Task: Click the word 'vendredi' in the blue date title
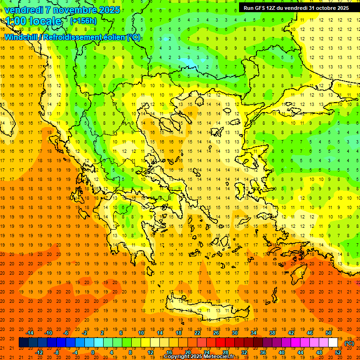24,9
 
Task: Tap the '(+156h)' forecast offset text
83,21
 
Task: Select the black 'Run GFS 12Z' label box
296,7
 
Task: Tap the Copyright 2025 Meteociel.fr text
199,357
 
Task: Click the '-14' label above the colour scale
30,333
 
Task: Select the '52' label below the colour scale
338,352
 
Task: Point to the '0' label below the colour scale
93,352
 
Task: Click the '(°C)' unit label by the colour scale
349,343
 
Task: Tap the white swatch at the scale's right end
333,343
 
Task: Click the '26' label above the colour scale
216,333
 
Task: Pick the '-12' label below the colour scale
39,352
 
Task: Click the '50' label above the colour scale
329,333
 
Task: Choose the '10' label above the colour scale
141,333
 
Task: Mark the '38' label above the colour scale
272,333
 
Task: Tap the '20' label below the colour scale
188,352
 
